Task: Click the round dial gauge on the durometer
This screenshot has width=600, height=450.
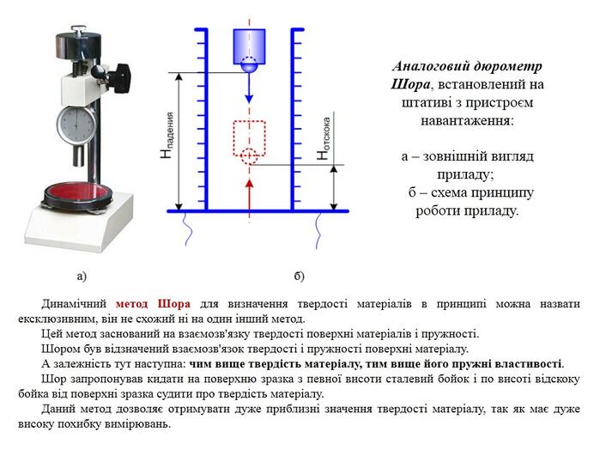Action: (x=76, y=125)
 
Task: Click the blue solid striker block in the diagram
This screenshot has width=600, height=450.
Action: (x=249, y=47)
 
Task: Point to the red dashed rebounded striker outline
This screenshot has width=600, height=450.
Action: (x=249, y=138)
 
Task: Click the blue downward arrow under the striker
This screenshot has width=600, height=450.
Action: (x=249, y=88)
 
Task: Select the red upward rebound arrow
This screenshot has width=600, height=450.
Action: (x=250, y=194)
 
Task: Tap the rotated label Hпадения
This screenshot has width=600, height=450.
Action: (x=167, y=136)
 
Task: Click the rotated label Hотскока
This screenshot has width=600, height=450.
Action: (x=324, y=138)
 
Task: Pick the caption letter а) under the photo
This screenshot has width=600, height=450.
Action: (x=82, y=277)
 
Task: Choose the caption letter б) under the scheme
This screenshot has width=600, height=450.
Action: (x=299, y=276)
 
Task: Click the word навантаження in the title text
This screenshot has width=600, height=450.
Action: (x=467, y=121)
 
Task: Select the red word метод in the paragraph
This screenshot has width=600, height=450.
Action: (x=131, y=304)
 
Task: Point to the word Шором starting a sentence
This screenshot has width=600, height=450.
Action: (x=58, y=349)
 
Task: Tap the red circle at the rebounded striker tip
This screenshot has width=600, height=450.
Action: (x=249, y=156)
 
